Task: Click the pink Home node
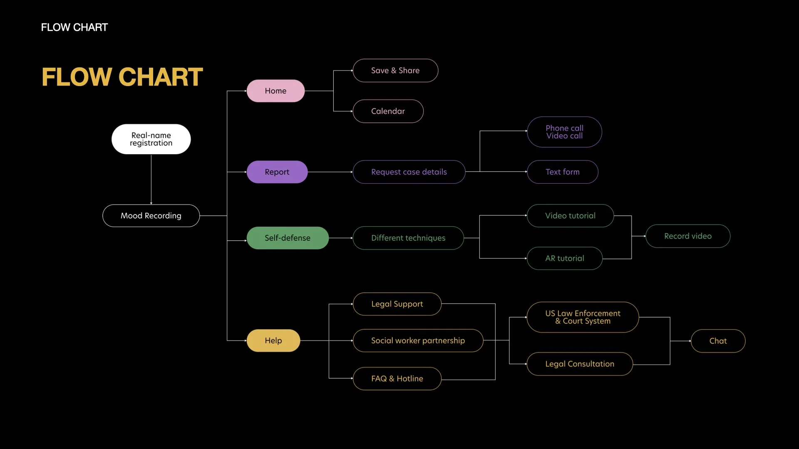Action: [x=275, y=91]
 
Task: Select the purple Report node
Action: [x=277, y=172]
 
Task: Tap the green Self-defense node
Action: [x=288, y=238]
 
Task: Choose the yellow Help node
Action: [x=273, y=340]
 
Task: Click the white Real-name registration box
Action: [x=151, y=139]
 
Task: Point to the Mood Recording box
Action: [x=151, y=216]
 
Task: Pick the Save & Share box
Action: [x=395, y=71]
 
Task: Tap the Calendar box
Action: [x=388, y=111]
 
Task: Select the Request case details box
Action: [x=409, y=172]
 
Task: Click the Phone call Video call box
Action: [x=564, y=132]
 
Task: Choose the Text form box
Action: [x=562, y=172]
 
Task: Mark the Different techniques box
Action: [x=408, y=238]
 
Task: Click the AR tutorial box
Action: [x=564, y=259]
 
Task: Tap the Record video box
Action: [x=687, y=236]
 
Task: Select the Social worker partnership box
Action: [x=418, y=341]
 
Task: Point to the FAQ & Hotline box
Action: [x=397, y=379]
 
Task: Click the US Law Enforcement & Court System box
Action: [x=583, y=317]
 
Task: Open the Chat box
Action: [x=718, y=341]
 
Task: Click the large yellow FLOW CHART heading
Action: [x=122, y=77]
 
